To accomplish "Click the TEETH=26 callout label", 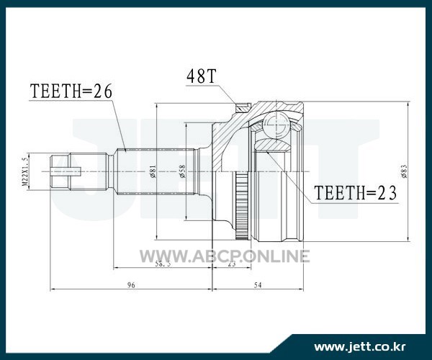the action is click(x=71, y=91).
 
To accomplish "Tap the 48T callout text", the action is click(x=201, y=76).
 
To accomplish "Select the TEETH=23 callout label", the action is click(x=356, y=192).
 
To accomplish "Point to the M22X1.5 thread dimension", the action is click(x=25, y=172).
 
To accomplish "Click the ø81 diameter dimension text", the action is click(x=153, y=171).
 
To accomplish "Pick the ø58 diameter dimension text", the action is click(x=182, y=171).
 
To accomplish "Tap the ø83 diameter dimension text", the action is click(x=404, y=171).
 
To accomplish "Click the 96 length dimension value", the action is click(x=131, y=285).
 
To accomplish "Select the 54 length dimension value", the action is click(x=258, y=285).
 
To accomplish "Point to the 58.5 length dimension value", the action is click(x=163, y=264).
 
